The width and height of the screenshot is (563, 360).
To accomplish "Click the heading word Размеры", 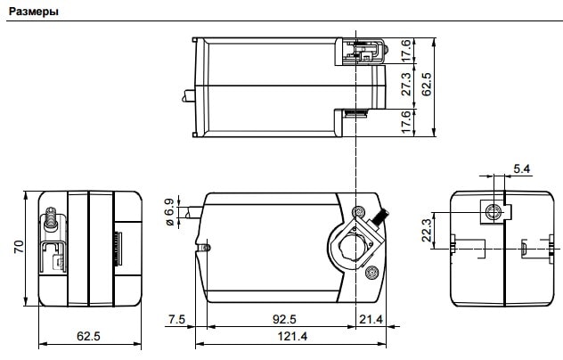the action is coord(33,12).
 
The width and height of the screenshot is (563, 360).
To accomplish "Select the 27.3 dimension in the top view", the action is coord(405,84).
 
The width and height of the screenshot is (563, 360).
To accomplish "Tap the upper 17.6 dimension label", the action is coord(405,51).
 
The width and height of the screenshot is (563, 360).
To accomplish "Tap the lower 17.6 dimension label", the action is coord(405,122).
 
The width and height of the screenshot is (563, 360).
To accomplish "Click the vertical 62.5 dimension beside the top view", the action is coord(426,84).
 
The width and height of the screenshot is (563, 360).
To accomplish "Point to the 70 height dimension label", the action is coord(19,247).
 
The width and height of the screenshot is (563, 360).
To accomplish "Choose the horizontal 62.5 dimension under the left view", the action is coord(88,336).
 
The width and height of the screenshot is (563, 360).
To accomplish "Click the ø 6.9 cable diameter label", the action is coord(170,212).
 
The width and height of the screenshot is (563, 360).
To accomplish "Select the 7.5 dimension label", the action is coord(176,319).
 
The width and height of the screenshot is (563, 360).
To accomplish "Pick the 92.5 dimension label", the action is coord(284,319).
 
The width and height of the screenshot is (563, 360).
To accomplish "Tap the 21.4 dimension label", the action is coord(371,319).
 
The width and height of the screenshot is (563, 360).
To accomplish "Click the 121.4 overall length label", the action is coord(292,336).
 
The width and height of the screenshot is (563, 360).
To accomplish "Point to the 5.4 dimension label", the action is coord(522,169).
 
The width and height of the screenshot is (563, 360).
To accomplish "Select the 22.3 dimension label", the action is coord(427,230).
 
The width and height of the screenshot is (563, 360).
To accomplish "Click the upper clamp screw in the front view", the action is coord(358,211).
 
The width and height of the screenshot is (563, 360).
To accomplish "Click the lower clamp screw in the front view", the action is coord(371,272).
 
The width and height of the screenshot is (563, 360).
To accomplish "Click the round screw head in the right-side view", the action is coord(492,212).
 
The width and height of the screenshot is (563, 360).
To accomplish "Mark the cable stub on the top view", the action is coord(189,96).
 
